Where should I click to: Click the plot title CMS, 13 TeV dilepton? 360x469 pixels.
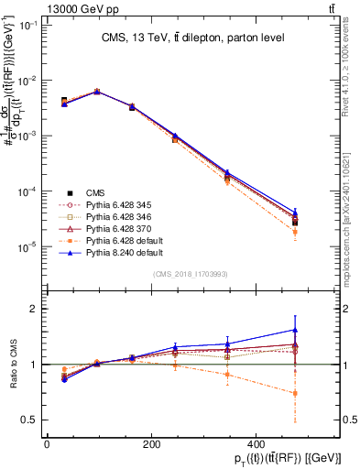(191, 38)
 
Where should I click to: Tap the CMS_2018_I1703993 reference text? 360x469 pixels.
(191, 275)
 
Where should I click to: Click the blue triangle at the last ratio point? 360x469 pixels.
(295, 330)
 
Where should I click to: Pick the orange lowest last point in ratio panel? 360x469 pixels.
(295, 393)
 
